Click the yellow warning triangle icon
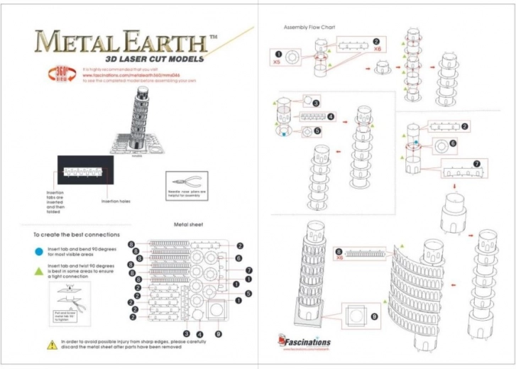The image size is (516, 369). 52,345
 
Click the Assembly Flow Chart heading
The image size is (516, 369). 309,27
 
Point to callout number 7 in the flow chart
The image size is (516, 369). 476,163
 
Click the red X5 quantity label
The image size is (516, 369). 278,62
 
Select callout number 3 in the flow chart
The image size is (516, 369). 317,102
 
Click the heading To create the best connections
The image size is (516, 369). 76,234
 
